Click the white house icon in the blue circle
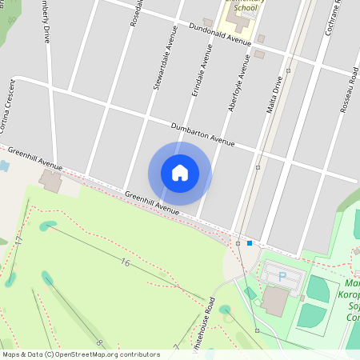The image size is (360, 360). (x=179, y=172)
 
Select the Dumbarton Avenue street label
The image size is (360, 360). (x=202, y=134)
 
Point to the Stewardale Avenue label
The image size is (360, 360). (x=163, y=59)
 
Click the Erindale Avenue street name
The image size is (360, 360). (x=201, y=72)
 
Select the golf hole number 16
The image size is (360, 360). (x=125, y=262)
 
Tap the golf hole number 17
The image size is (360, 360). (x=18, y=240)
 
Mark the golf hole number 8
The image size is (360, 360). (x=99, y=343)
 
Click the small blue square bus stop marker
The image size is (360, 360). (x=250, y=243)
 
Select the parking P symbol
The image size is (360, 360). (x=282, y=276)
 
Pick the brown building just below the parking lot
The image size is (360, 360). (x=275, y=301)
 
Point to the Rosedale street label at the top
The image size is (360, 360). (x=136, y=11)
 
